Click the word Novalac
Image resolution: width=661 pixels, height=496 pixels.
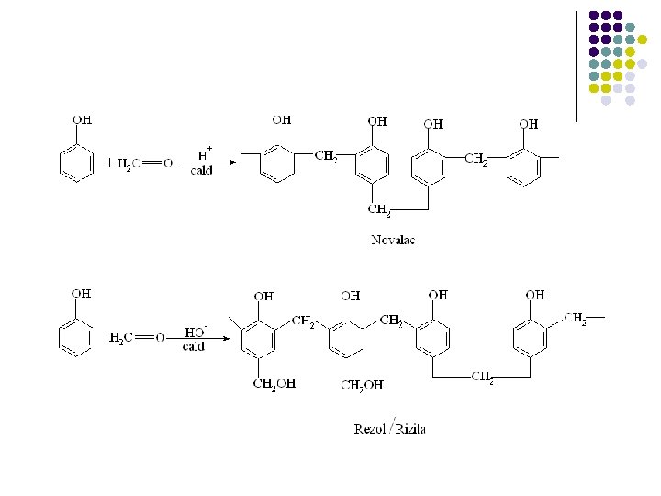tap(393, 240)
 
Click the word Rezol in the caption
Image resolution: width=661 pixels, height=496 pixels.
tap(371, 427)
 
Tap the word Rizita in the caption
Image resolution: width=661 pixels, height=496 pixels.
tap(410, 427)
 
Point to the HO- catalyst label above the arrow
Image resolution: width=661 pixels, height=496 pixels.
tap(195, 332)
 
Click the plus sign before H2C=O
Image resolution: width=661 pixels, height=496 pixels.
tap(109, 163)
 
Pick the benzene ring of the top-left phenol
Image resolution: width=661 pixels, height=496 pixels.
tap(76, 163)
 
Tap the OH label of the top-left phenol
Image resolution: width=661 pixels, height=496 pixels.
tap(82, 120)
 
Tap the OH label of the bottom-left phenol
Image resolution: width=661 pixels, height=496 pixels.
tap(82, 294)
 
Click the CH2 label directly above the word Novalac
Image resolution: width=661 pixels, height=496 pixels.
tap(380, 209)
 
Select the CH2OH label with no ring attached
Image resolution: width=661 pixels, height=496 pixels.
tap(362, 385)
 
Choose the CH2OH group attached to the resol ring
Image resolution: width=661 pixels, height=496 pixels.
tap(274, 384)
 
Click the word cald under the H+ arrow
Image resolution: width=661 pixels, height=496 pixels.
tap(202, 171)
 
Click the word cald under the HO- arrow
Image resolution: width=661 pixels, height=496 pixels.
tap(194, 347)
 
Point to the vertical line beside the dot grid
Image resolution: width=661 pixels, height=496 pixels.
tap(576, 64)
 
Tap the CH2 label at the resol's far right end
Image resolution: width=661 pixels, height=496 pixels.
tap(576, 319)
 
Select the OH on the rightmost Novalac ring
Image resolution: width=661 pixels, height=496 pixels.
tap(529, 123)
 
